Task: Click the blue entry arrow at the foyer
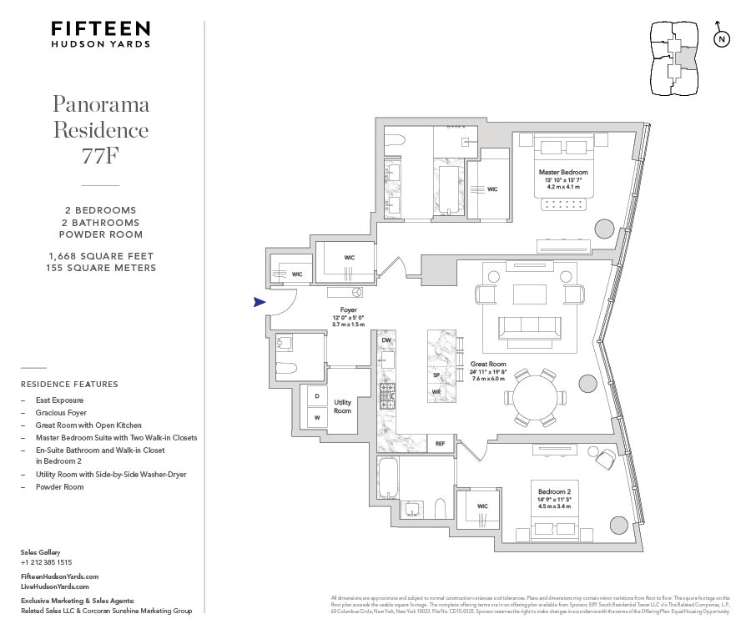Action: coord(260,302)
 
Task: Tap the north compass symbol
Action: coord(722,38)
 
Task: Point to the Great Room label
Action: coord(488,364)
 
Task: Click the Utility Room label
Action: coord(342,407)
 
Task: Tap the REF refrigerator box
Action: coord(440,444)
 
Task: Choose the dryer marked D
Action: coord(316,397)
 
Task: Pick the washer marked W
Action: coord(316,417)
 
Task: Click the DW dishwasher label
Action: coord(386,340)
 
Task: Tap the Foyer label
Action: coord(348,310)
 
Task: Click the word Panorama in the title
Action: coord(101,104)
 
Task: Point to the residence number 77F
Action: coord(102,155)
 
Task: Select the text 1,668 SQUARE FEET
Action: coord(101,255)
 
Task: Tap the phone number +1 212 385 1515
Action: coord(46,562)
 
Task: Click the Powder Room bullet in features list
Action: coord(59,486)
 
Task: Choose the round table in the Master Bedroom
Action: coord(605,227)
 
